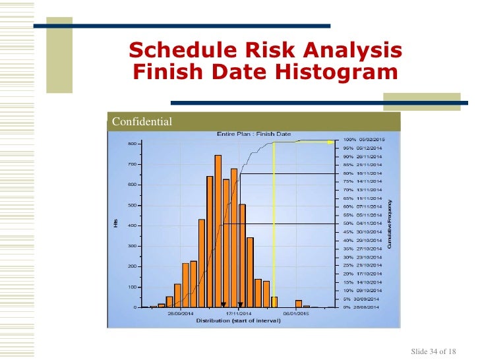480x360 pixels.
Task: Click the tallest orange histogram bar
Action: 218,231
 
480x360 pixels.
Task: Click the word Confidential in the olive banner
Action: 142,122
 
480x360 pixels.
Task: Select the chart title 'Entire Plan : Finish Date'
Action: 254,134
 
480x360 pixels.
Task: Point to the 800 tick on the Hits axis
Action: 132,144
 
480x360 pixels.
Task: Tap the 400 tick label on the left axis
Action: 132,225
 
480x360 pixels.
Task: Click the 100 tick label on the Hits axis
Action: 132,287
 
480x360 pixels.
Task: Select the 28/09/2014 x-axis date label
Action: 181,314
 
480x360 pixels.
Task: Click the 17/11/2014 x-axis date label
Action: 238,314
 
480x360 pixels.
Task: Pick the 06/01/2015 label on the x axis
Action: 296,314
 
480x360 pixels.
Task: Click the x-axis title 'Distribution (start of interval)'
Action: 238,321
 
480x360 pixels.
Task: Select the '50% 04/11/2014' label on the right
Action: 363,224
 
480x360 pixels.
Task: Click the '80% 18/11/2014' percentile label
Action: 363,173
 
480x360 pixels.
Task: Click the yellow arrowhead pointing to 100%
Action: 334,140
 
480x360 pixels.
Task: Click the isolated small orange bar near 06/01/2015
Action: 299,304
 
